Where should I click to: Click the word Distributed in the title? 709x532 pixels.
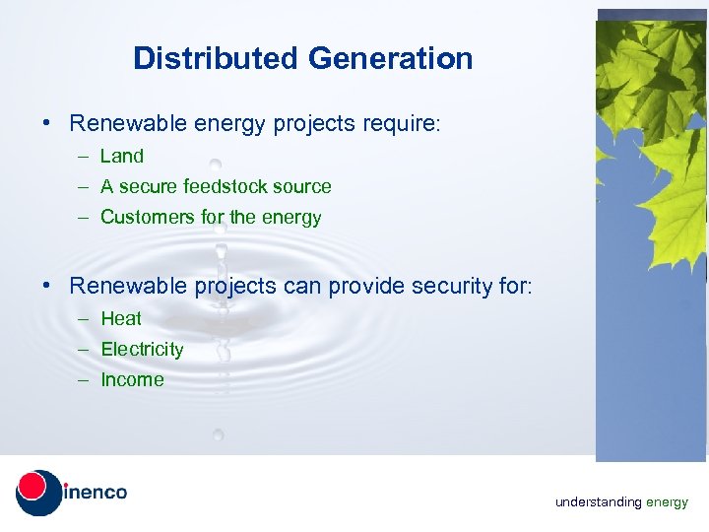216,58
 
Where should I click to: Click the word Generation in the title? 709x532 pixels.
390,58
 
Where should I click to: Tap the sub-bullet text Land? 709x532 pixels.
122,156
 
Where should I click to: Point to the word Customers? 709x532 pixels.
144,217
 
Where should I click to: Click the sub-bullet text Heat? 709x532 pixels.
121,318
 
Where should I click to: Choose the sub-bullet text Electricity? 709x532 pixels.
142,349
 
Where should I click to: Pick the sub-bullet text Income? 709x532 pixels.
132,379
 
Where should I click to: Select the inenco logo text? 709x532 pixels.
95,492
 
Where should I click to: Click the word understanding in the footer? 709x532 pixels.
598,502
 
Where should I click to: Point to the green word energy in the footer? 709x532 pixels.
667,503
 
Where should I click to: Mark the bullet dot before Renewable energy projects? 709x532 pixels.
47,124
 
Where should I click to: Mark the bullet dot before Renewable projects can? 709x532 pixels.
47,287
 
